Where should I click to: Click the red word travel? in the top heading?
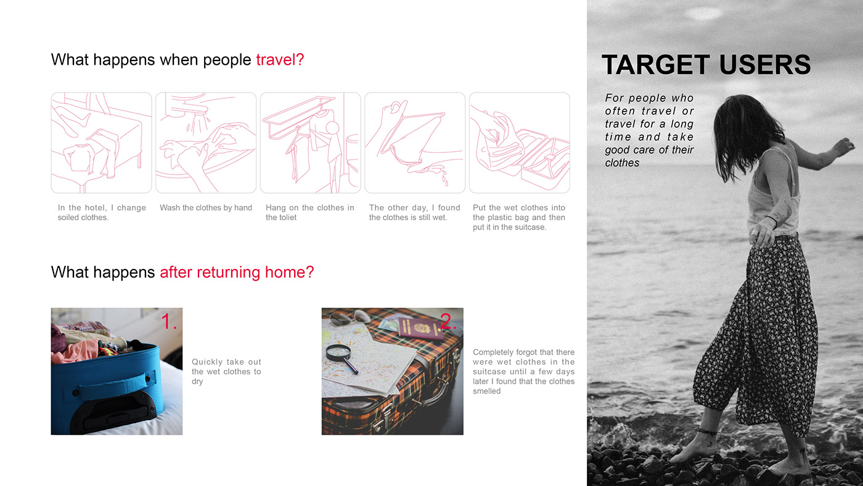[x=280, y=60]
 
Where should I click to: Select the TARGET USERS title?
[x=706, y=64]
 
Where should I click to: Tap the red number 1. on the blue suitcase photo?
[x=169, y=321]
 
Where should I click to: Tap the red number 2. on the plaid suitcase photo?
[x=448, y=321]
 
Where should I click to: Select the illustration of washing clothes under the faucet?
[x=206, y=142]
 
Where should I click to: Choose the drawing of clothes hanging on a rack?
[x=310, y=142]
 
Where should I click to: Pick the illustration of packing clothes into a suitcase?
[x=519, y=142]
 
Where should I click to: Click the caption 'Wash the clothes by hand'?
[x=206, y=208]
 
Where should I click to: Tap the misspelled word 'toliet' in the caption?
[x=288, y=217]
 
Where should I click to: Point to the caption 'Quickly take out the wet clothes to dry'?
[x=226, y=371]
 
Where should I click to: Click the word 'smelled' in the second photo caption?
[x=486, y=391]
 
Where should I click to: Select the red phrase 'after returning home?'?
[x=237, y=272]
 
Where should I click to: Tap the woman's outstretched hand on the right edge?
[x=845, y=146]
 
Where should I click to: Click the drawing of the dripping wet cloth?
[x=415, y=142]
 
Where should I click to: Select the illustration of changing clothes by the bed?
[x=101, y=142]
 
